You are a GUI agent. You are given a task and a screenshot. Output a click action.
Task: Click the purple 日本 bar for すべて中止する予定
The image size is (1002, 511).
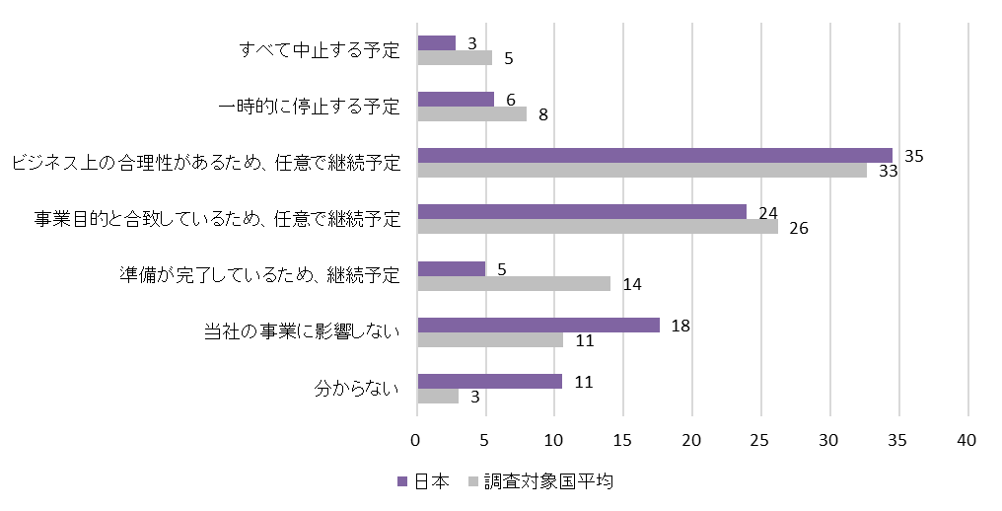click(x=436, y=43)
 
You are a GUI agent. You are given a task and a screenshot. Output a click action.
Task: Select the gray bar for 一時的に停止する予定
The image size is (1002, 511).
click(x=471, y=113)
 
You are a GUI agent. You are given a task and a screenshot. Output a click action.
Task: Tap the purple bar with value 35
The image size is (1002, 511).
click(x=654, y=156)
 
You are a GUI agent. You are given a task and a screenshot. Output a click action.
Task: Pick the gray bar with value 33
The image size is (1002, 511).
click(x=641, y=171)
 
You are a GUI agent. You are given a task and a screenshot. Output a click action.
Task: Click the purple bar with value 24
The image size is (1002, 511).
click(x=582, y=212)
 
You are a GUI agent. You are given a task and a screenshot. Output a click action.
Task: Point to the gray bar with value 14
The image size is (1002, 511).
click(x=513, y=284)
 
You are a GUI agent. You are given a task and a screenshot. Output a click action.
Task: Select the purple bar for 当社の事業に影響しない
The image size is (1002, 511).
click(x=537, y=326)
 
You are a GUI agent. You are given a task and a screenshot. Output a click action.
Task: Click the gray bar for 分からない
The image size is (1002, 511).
click(x=437, y=397)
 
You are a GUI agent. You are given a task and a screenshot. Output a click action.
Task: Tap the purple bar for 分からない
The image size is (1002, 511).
click(x=489, y=382)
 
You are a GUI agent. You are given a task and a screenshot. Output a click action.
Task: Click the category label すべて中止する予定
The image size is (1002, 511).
click(x=321, y=50)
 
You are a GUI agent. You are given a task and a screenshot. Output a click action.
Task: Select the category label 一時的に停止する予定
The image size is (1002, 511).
click(x=309, y=107)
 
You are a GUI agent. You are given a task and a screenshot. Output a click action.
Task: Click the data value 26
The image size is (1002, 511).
click(x=799, y=228)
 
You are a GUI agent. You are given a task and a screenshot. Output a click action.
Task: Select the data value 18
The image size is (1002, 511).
click(x=680, y=325)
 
